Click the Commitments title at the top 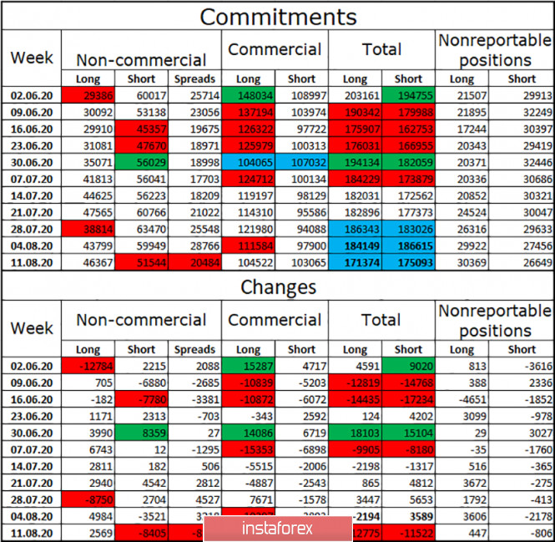coord(278,17)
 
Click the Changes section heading coord(278,287)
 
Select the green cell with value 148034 coord(249,96)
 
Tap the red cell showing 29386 coord(88,96)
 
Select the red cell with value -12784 coord(88,365)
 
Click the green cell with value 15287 coord(249,365)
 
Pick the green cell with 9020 coord(409,365)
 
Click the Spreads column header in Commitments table coord(195,79)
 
